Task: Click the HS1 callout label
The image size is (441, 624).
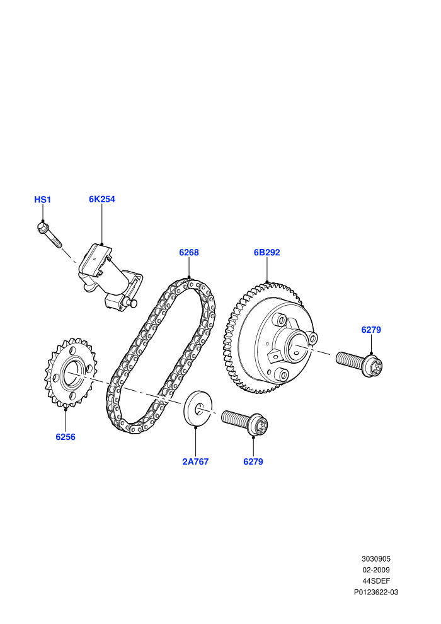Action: [x=43, y=199]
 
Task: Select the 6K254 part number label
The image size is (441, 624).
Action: [x=102, y=199]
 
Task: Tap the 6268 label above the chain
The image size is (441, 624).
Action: [x=189, y=252]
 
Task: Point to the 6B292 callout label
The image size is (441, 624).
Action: [x=267, y=252]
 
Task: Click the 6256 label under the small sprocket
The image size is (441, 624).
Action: [x=66, y=437]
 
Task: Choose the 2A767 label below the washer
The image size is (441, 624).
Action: [x=195, y=461]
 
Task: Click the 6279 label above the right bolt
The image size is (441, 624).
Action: [x=371, y=330]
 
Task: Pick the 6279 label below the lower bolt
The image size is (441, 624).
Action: [x=253, y=461]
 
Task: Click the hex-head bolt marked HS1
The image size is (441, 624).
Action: [x=49, y=235]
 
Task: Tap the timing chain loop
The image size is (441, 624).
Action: [x=161, y=356]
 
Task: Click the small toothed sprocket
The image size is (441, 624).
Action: [x=71, y=373]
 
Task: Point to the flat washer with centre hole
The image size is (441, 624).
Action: [x=198, y=408]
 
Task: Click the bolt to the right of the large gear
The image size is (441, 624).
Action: [x=359, y=362]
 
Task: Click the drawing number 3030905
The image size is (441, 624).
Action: [x=376, y=558]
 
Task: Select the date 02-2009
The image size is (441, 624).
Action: [x=376, y=570]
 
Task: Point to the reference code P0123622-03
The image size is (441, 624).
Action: [x=376, y=592]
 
